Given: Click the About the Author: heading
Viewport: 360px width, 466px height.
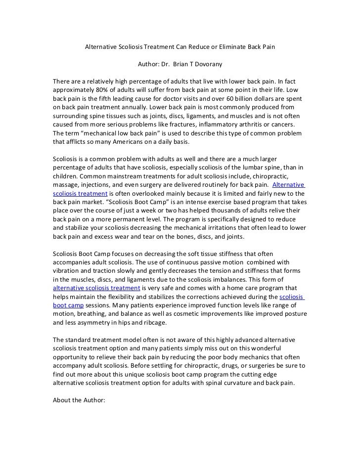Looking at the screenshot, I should pyautogui.click(x=79, y=401).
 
